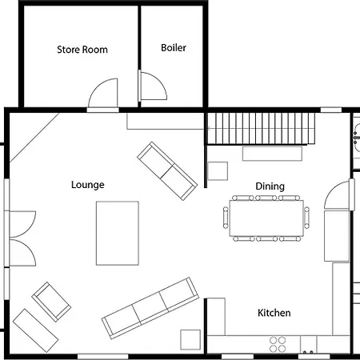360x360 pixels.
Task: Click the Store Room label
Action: (82, 50)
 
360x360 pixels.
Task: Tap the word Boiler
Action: (174, 48)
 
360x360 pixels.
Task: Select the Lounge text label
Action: (88, 185)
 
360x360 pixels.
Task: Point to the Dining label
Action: (270, 186)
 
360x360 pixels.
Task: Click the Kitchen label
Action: (274, 313)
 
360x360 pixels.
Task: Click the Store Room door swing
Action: (96, 86)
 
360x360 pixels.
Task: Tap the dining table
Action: (266, 218)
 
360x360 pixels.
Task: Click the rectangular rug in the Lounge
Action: (118, 233)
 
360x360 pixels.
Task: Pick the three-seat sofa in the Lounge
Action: (150, 308)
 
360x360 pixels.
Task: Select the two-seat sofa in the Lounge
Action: (167, 171)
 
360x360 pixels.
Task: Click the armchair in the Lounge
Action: (51, 302)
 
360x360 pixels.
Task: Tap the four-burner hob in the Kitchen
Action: (278, 344)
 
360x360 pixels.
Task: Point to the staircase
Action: (261, 128)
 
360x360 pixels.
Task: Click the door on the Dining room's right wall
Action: (337, 194)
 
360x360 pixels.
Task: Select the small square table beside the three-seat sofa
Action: (190, 339)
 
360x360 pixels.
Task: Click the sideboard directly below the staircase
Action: (272, 154)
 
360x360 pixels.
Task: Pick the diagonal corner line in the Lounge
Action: (34, 138)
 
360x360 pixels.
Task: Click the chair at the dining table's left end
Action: (226, 218)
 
